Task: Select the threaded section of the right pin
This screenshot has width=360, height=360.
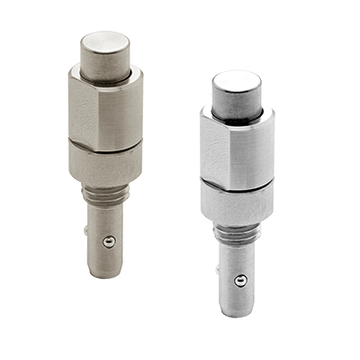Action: point(237,232)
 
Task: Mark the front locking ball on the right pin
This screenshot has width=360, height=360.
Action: point(239,281)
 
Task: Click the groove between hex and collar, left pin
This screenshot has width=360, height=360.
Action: point(105,145)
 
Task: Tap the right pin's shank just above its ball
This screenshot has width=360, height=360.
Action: point(238,261)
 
